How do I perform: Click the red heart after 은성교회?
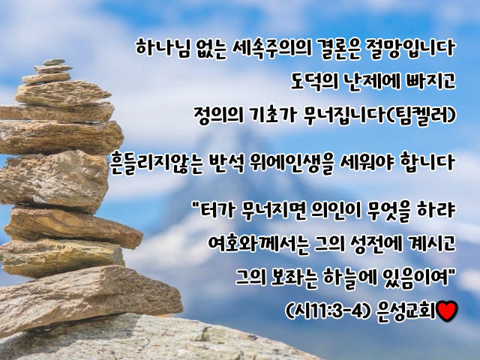[x=447, y=310]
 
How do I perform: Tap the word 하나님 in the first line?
[x=162, y=48]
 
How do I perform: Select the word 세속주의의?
[x=271, y=48]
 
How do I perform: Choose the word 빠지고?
[x=430, y=82]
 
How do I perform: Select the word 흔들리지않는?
[x=157, y=162]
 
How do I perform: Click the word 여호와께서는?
[x=258, y=244]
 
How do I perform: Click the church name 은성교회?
[x=406, y=311]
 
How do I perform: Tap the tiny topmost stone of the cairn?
[x=54, y=62]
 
